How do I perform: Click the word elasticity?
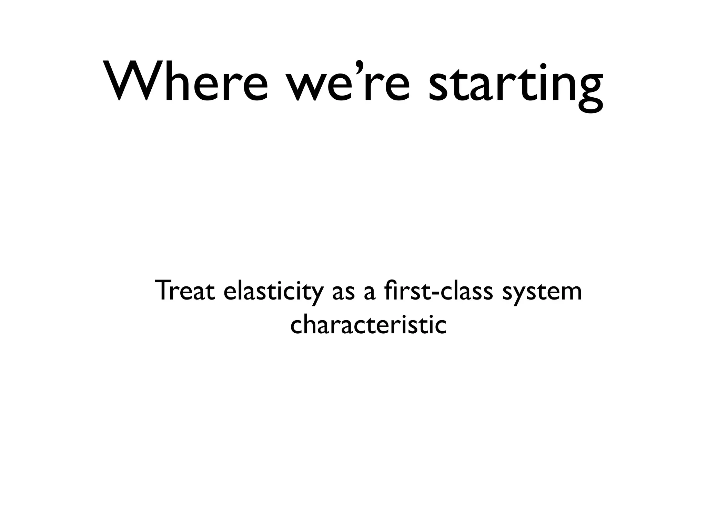pyautogui.click(x=274, y=292)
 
